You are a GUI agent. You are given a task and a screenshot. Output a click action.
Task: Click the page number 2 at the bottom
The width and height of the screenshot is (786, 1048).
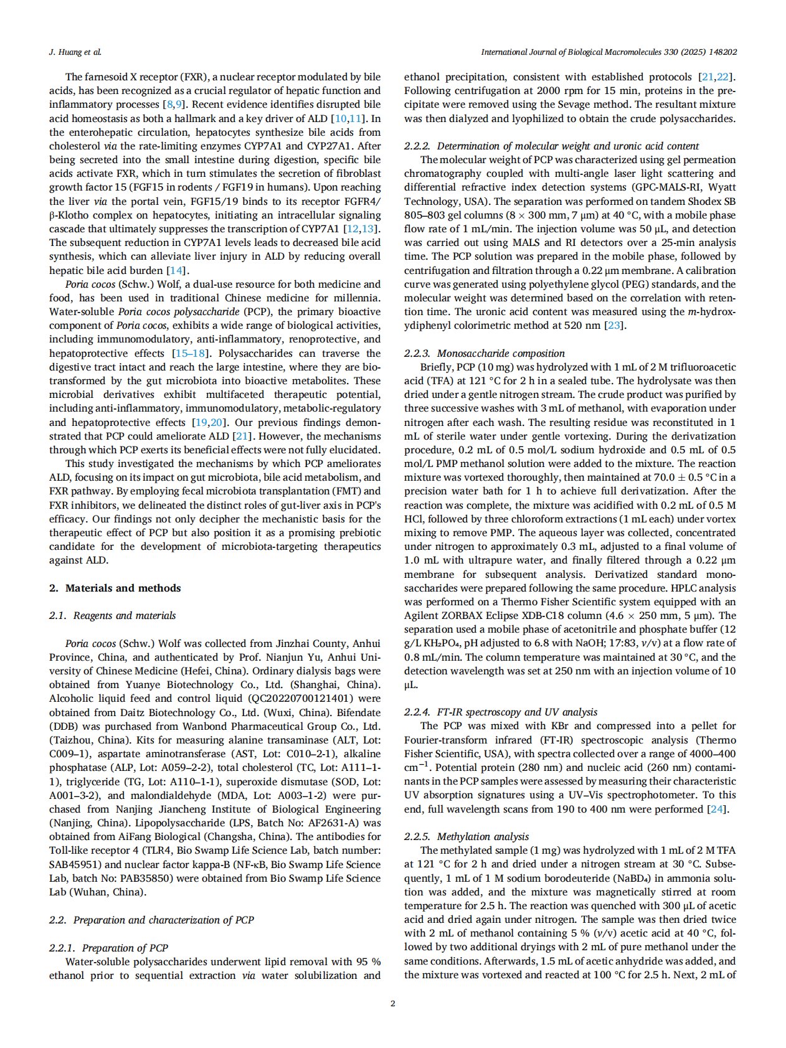(392, 1003)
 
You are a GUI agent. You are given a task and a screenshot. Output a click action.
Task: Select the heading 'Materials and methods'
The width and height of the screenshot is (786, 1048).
(123, 588)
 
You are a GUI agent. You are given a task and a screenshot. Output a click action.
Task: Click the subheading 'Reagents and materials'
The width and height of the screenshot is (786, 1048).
(125, 615)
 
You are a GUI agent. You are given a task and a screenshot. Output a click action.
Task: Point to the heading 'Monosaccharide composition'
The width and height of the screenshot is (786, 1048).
(501, 353)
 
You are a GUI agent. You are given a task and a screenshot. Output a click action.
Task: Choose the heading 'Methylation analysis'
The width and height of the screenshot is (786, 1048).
(483, 836)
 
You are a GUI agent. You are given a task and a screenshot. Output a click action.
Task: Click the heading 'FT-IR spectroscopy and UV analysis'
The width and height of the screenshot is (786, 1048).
(517, 712)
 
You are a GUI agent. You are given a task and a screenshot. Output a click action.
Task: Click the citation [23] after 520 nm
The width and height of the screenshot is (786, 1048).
(614, 325)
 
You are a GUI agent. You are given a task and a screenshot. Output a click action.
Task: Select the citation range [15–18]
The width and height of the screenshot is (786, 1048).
(189, 353)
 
